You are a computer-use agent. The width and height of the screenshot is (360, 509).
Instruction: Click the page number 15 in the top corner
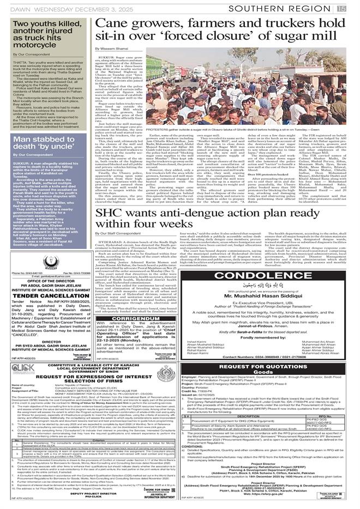354,7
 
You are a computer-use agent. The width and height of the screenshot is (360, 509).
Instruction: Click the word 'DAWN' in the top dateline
12,7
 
